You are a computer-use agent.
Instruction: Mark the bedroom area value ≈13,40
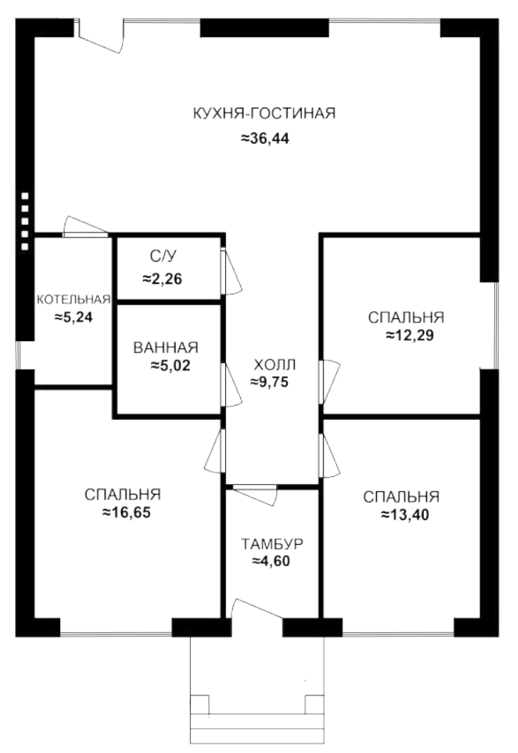pos(405,514)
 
